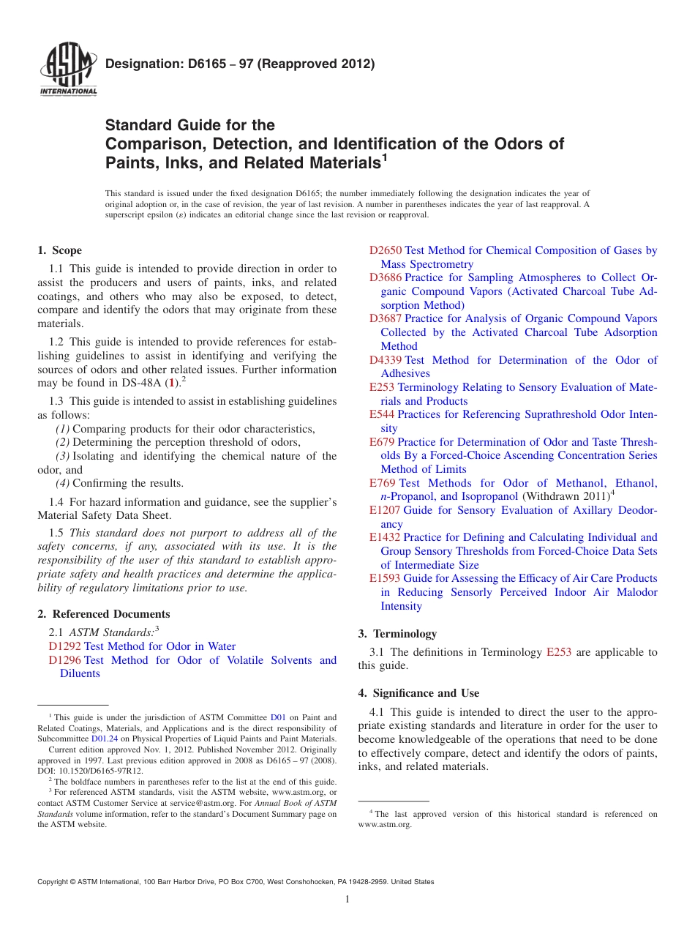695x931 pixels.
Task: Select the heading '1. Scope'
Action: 60,250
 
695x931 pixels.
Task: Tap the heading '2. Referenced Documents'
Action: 103,614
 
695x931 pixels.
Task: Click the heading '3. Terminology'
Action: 397,634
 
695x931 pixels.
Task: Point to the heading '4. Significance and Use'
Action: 418,692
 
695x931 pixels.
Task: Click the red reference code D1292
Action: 65,646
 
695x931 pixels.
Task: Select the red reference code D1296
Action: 65,660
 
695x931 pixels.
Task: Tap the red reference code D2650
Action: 386,250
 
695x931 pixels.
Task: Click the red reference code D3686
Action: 386,277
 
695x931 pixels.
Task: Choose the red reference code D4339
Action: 386,360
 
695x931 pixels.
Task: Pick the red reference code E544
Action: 382,414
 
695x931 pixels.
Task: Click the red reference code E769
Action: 383,483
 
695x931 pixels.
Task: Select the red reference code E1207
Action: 385,510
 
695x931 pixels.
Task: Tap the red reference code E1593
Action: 385,578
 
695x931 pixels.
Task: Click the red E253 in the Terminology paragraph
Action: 559,652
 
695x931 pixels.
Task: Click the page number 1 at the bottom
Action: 347,900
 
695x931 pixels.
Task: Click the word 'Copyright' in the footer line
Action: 55,882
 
